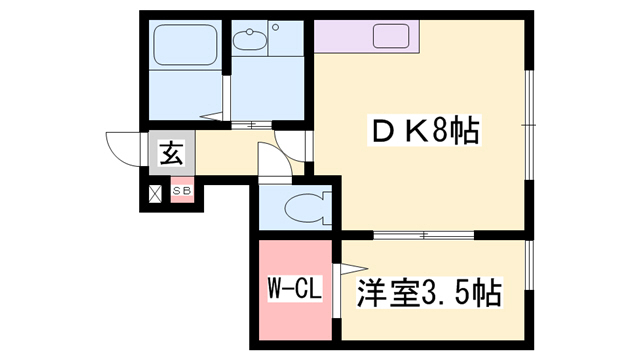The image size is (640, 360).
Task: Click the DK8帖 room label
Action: tap(424, 130)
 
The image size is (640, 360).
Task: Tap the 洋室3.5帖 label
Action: tap(429, 293)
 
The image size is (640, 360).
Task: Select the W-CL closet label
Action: tap(295, 288)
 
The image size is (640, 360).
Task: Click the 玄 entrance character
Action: tap(172, 153)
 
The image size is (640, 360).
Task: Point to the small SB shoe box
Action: tap(182, 190)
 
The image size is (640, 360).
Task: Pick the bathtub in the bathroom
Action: tap(185, 44)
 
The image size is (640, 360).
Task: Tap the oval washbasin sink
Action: tap(250, 39)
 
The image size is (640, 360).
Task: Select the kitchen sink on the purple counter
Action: tap(391, 36)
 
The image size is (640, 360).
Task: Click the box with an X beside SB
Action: tap(155, 193)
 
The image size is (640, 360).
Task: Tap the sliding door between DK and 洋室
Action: tap(424, 235)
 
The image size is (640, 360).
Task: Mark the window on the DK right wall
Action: tap(529, 125)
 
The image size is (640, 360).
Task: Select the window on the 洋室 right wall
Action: tap(529, 265)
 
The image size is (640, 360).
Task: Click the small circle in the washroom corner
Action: tap(276, 27)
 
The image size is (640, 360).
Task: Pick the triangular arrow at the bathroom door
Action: tap(211, 116)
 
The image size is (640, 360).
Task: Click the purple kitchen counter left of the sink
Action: tap(343, 36)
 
